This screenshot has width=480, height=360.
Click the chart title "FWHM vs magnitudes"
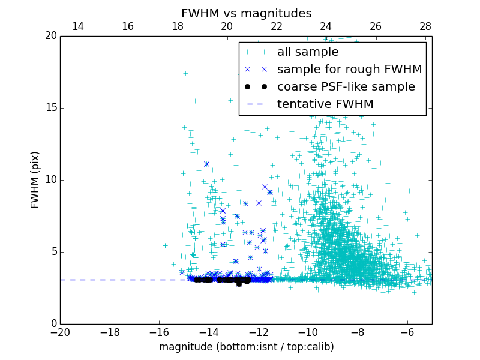[x=246, y=13]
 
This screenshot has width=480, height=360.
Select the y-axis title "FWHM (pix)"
[x=35, y=179]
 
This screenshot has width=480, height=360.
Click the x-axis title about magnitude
[x=246, y=347]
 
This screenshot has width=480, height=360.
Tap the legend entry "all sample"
[x=307, y=52]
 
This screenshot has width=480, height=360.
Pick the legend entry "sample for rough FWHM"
[x=349, y=70]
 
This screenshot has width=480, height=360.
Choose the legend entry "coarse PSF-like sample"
[x=346, y=87]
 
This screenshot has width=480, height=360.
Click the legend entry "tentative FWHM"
[x=325, y=104]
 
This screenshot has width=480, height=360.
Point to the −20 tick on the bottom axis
[x=60, y=332]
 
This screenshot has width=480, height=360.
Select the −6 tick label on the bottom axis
[x=407, y=332]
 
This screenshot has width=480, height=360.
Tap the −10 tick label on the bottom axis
[x=308, y=332]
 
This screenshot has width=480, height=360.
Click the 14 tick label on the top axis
[x=78, y=26]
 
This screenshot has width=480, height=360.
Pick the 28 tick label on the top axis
[x=425, y=26]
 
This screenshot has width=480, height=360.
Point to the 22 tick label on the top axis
[x=277, y=26]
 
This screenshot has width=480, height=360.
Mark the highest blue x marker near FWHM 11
[x=206, y=164]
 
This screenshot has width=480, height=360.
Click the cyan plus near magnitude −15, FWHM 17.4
[x=185, y=74]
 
